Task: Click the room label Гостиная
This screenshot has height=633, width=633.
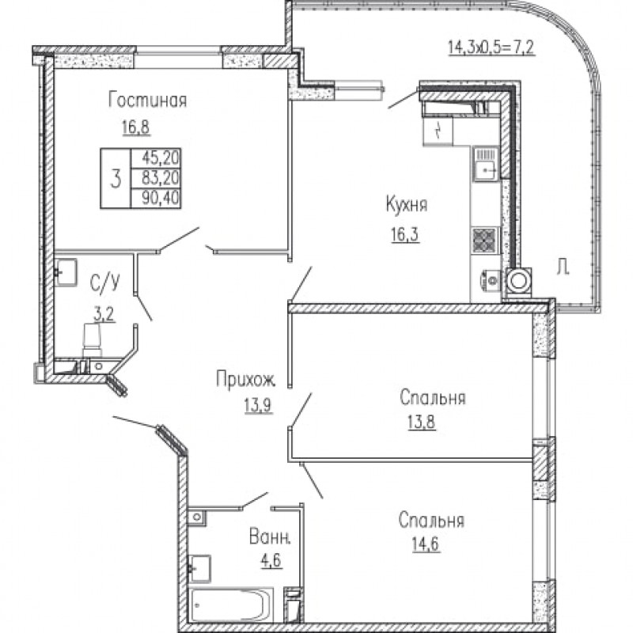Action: pyautogui.click(x=148, y=100)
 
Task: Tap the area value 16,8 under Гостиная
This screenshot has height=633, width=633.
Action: pyautogui.click(x=135, y=127)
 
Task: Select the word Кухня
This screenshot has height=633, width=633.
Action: pyautogui.click(x=407, y=205)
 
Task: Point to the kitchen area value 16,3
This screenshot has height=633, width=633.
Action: pyautogui.click(x=405, y=234)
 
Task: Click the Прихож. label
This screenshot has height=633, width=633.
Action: pyautogui.click(x=246, y=380)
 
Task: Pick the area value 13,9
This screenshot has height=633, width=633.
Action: pyautogui.click(x=259, y=405)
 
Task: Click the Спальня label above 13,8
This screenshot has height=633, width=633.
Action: pyautogui.click(x=432, y=398)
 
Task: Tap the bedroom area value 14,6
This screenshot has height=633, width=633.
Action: pyautogui.click(x=426, y=544)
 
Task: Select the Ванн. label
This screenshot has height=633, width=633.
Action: pyautogui.click(x=270, y=537)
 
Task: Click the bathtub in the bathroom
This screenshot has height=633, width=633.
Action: pyautogui.click(x=231, y=605)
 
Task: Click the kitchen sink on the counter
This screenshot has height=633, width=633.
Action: pyautogui.click(x=486, y=165)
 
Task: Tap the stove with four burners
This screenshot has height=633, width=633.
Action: pyautogui.click(x=484, y=241)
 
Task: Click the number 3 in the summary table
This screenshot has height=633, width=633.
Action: pyautogui.click(x=116, y=179)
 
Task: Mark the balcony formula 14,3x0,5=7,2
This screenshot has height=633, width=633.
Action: pyautogui.click(x=491, y=47)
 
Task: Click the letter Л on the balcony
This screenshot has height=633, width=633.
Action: pyautogui.click(x=563, y=267)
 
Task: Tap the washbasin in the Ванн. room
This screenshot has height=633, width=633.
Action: pyautogui.click(x=199, y=568)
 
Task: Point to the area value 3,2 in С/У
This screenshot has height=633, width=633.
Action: pyautogui.click(x=104, y=315)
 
